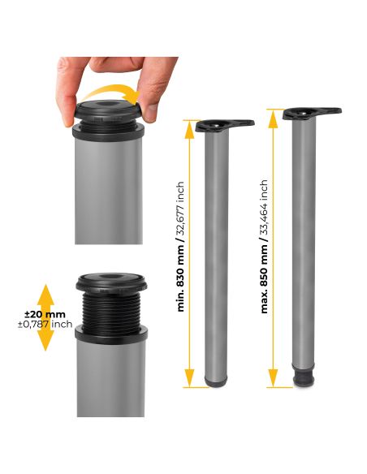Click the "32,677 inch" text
pyautogui.click(x=181, y=210)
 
